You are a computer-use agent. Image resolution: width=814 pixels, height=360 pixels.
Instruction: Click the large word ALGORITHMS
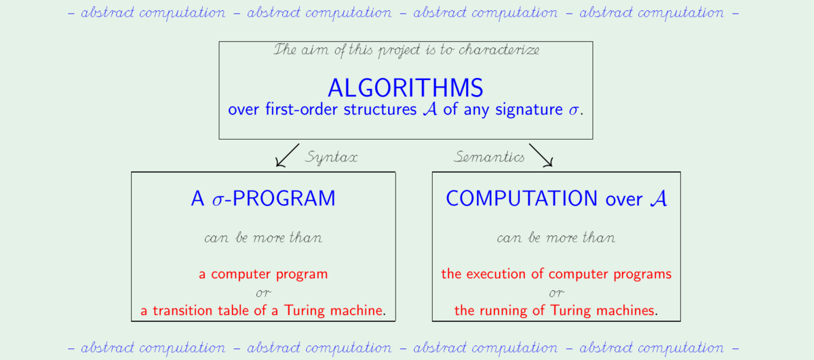[x=405, y=88]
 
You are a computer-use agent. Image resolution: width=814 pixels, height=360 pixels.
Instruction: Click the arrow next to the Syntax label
[x=288, y=155]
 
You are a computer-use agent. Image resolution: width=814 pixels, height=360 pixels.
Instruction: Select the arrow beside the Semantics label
[x=541, y=155]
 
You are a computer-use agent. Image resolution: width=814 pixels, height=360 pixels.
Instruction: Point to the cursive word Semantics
[x=489, y=157]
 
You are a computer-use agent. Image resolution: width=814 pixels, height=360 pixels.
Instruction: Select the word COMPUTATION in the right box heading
[x=522, y=199]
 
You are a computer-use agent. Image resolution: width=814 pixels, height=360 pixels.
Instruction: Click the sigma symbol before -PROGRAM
[x=218, y=201]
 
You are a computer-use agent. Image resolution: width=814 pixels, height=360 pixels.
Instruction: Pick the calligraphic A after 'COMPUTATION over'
[x=659, y=199]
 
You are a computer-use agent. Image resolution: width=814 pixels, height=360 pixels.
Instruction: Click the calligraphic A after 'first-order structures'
[x=430, y=109]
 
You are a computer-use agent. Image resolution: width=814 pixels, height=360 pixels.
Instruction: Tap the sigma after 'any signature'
[x=573, y=111]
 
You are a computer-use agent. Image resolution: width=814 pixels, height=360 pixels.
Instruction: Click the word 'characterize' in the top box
[x=499, y=49]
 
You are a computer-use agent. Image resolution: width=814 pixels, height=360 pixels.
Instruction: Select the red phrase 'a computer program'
[x=263, y=275]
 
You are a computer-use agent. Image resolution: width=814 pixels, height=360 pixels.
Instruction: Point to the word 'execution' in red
[x=496, y=274]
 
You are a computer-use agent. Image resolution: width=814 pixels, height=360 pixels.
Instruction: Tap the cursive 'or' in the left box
[x=263, y=293]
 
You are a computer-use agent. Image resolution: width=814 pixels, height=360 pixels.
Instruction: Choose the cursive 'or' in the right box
[x=556, y=293]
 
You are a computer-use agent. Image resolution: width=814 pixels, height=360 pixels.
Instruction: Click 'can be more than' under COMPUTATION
[x=556, y=237]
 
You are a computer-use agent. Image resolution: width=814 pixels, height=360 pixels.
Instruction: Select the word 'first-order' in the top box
[x=302, y=109]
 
